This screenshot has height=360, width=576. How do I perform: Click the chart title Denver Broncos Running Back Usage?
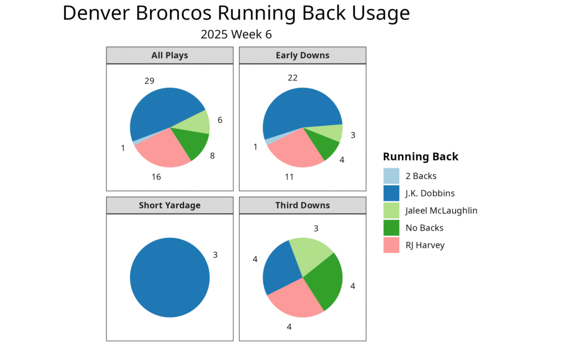236,13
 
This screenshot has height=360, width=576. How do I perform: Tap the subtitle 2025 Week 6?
236,34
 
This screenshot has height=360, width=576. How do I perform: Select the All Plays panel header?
169,55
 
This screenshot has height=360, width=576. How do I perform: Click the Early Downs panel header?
303,55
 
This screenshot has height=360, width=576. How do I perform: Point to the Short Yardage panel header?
169,205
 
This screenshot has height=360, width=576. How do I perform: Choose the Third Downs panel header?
303,205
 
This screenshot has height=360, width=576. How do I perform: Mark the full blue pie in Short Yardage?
169,278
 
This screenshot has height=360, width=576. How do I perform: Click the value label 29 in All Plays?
149,81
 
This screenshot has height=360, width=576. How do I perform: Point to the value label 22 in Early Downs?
292,78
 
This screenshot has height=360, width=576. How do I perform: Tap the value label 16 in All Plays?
156,177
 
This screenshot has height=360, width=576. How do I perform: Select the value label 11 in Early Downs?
290,177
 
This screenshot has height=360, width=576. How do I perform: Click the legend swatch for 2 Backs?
391,176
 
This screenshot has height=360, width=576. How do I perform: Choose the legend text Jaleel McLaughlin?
441,211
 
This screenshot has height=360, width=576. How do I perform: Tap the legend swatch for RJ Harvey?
391,245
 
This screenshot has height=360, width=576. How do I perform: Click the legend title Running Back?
420,157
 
